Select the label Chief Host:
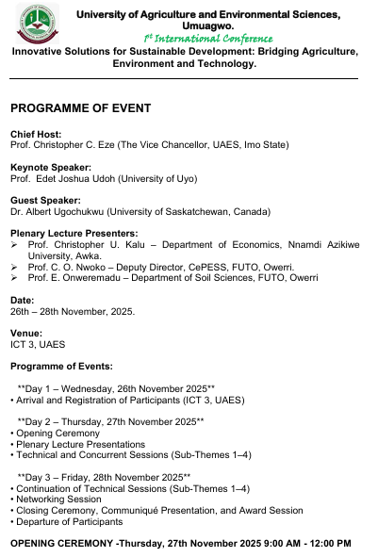[x=36, y=135]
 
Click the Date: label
[x=23, y=300]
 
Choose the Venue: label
[x=26, y=333]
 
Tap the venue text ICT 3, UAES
[x=38, y=344]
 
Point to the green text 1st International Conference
[x=208, y=39]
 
